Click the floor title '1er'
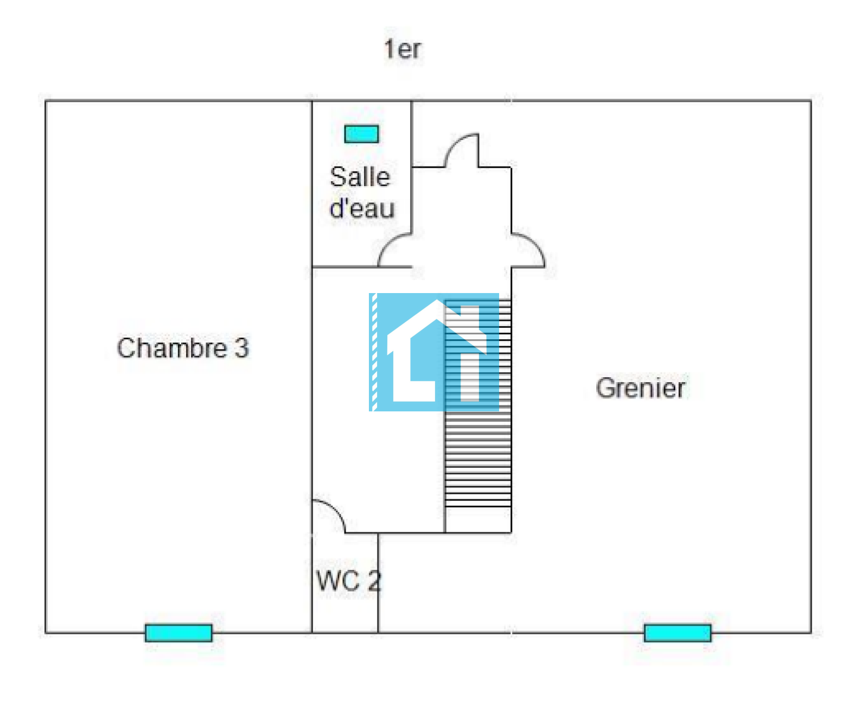(x=402, y=49)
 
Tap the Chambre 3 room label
(x=183, y=348)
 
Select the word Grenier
(x=640, y=388)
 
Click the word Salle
(x=360, y=177)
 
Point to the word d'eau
(x=362, y=208)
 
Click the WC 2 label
(x=349, y=581)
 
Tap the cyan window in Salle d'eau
(x=361, y=134)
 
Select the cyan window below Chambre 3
(x=178, y=633)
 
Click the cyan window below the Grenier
(x=678, y=633)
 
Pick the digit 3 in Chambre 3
(x=242, y=348)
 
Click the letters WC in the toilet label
(x=338, y=581)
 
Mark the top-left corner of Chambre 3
(x=46, y=101)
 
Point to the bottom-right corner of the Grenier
(x=811, y=632)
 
